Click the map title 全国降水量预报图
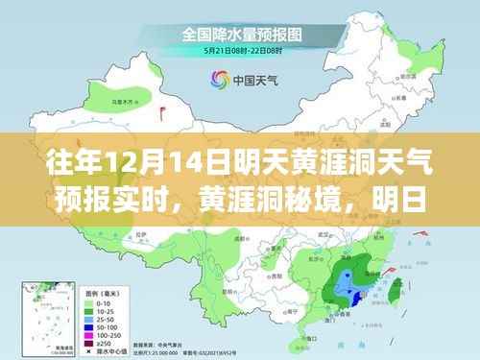(x=239, y=33)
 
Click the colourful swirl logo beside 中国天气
(x=213, y=80)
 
